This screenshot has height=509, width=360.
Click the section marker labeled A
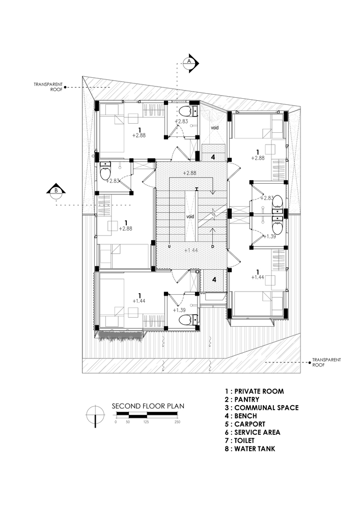tap(189, 61)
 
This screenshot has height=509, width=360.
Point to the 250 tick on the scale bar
tap(177, 422)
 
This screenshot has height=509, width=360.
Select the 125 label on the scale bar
tap(146, 422)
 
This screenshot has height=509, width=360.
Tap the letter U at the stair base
tap(169, 247)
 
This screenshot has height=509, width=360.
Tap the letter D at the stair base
tap(212, 247)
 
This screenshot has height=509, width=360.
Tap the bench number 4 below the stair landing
tap(214, 279)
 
